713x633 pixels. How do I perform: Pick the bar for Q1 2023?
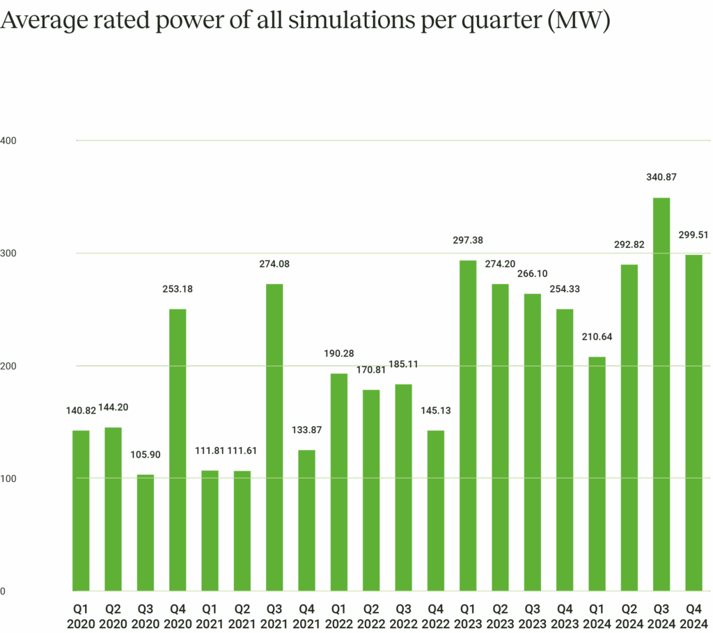[468, 425]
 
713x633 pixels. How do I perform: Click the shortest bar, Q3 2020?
[146, 533]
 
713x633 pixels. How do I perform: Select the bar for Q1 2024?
[597, 474]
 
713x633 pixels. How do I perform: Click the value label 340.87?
[661, 178]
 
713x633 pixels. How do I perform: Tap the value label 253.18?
[178, 288]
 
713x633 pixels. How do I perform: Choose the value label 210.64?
[597, 337]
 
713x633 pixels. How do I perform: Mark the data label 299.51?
[694, 235]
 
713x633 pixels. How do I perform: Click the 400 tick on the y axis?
[8, 141]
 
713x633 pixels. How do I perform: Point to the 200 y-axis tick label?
[8, 366]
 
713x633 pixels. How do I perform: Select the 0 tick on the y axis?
[3, 591]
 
